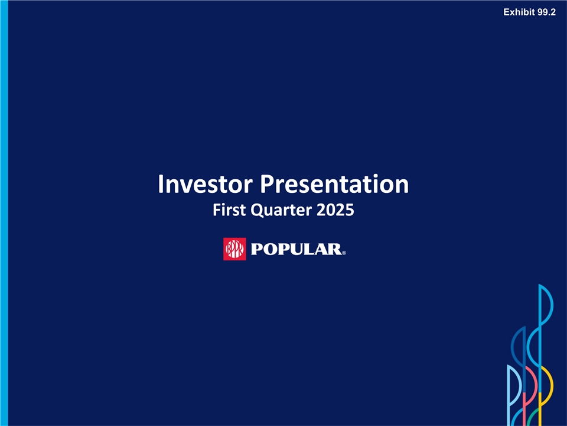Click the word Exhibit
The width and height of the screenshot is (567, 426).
pos(519,12)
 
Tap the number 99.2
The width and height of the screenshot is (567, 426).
pos(546,12)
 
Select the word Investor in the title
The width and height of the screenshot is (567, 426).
pos(205,184)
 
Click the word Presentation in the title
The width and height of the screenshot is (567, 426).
pos(334,184)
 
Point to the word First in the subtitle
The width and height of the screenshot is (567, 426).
pos(229,210)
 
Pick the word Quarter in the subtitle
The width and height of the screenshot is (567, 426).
pos(281,211)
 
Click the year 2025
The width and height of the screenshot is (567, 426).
pos(335,210)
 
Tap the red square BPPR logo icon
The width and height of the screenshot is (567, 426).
pos(234,249)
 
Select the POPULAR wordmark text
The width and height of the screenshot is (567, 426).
pos(296,249)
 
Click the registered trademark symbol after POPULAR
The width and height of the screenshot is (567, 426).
pos(344,253)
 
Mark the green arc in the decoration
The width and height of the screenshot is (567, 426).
pos(537,417)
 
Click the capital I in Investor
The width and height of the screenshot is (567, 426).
pos(161,184)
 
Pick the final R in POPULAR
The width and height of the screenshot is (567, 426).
pos(335,249)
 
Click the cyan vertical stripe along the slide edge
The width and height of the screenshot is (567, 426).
pos(4,213)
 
